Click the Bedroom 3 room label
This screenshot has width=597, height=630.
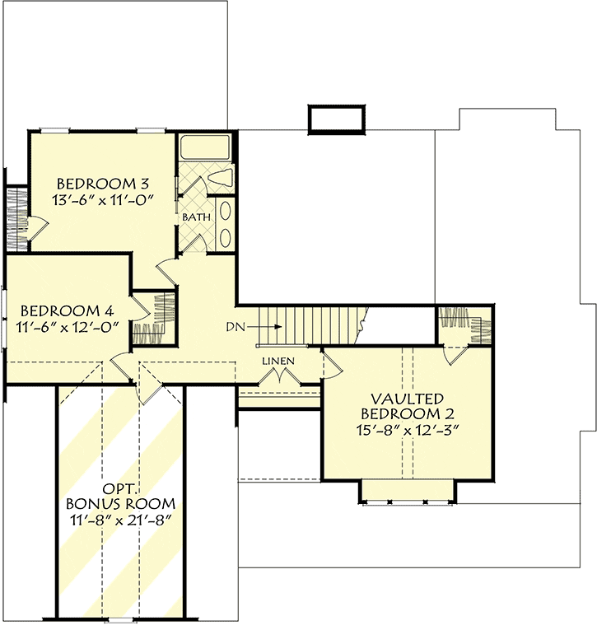(x=103, y=184)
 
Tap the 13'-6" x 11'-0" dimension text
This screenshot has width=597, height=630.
(x=103, y=199)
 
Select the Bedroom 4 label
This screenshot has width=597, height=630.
(x=67, y=310)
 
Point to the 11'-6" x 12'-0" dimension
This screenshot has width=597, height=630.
(x=67, y=327)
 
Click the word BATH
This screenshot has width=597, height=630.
(x=197, y=217)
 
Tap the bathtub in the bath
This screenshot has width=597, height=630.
(x=205, y=147)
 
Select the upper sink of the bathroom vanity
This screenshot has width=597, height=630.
(x=226, y=212)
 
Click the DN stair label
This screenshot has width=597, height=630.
(x=236, y=327)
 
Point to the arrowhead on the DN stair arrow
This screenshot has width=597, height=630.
(x=278, y=327)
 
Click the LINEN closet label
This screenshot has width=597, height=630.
(x=278, y=361)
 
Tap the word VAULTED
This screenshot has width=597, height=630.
(x=407, y=399)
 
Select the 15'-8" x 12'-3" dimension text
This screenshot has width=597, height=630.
(x=407, y=431)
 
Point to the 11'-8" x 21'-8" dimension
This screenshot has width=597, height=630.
(x=120, y=520)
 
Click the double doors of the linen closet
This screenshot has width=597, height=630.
(x=279, y=376)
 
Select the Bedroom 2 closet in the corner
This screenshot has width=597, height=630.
(x=464, y=326)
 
